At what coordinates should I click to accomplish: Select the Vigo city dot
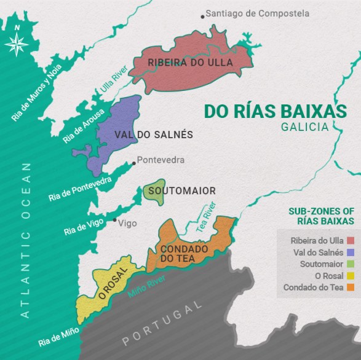click(x=114, y=219)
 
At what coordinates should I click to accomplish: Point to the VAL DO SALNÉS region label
click(x=154, y=135)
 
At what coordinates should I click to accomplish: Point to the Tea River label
click(x=207, y=216)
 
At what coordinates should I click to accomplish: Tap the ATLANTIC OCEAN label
click(x=25, y=240)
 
